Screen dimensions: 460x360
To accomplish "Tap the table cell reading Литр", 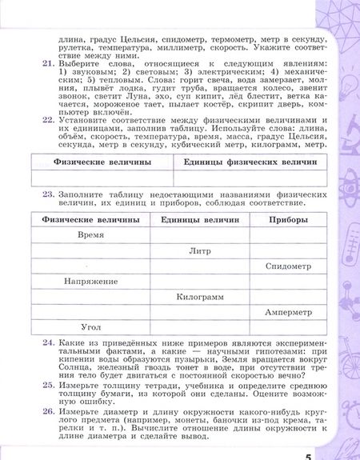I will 199,250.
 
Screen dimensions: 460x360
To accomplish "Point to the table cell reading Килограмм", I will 199,296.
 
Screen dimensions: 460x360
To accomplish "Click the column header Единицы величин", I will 199,219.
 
